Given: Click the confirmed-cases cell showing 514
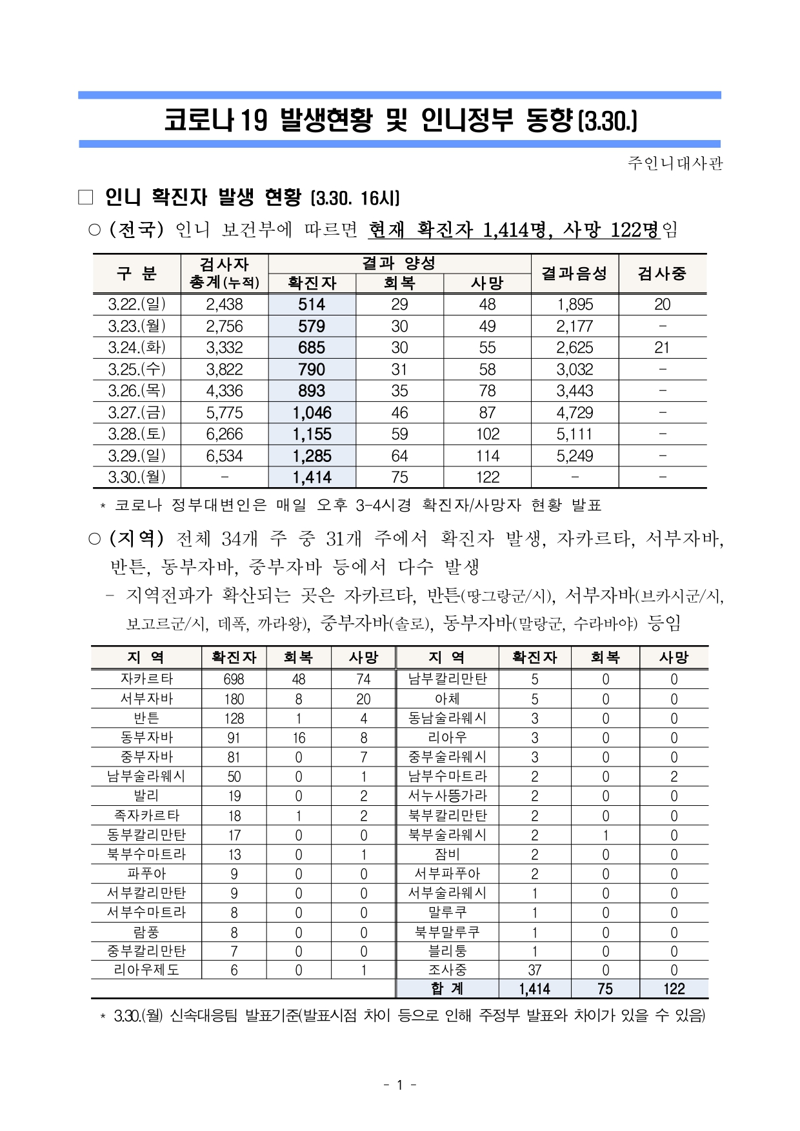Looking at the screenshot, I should click(312, 305).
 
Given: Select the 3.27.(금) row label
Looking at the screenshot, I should click(137, 412).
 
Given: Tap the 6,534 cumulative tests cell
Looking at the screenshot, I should click(225, 456).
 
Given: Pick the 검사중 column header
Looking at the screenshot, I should click(662, 274).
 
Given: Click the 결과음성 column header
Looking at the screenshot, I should click(574, 274).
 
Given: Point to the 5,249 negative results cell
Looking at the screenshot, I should click(574, 456).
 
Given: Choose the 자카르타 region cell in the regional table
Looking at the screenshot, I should click(146, 679).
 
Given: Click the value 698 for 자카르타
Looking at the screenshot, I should click(234, 679).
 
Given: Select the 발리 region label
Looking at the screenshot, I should click(146, 796).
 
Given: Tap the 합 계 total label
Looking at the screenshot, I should click(447, 988).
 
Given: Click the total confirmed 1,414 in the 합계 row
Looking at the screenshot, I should click(534, 989).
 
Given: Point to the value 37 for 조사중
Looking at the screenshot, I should click(534, 970).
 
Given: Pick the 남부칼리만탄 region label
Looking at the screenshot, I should click(447, 679).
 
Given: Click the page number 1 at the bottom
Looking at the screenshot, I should click(399, 1085).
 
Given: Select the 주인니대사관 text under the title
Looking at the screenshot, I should click(675, 163).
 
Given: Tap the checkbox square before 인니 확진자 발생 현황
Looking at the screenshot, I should click(86, 197).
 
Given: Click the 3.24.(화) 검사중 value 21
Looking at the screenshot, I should click(662, 348).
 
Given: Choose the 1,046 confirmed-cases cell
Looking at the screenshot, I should click(312, 413).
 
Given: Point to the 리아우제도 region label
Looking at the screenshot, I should click(146, 970).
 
